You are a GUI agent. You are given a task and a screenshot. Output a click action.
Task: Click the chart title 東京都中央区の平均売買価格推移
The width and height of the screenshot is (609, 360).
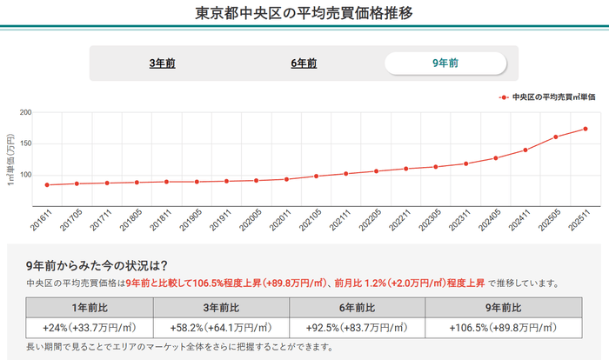304,14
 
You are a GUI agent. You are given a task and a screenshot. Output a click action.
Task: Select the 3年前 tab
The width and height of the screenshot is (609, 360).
162,63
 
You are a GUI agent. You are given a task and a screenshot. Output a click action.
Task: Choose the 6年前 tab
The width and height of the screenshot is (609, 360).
304,63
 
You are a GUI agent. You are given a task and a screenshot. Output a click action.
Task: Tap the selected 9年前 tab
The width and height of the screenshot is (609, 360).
445,63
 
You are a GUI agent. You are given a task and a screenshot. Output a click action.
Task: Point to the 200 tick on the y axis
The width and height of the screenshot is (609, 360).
24,113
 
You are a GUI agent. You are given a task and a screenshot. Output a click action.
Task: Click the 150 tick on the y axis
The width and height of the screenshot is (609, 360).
24,144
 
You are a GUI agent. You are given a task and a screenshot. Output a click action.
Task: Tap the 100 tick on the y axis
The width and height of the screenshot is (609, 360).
24,175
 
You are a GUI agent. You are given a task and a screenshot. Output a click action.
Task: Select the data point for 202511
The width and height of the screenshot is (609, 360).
586,129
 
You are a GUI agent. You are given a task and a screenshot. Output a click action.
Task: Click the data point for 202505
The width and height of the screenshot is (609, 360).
555,137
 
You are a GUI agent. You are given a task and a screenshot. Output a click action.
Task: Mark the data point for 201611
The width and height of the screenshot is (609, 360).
47,184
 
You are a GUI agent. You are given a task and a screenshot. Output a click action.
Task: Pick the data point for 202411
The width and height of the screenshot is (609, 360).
525,150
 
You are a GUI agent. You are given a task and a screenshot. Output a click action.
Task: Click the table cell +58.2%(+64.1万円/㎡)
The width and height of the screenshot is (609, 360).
225,328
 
